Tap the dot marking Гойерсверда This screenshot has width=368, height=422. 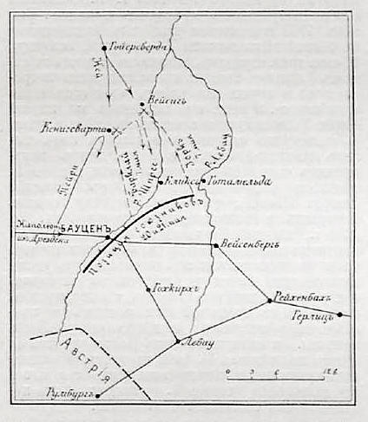pos(104,48)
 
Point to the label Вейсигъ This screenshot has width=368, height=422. pos(167,100)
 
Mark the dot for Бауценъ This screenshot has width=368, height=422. pos(108,236)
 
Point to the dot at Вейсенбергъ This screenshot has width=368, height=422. pos(215,245)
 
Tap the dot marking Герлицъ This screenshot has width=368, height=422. pos(339,315)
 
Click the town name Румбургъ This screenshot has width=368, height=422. pos(69,397)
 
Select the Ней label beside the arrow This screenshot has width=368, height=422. pos(99,70)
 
